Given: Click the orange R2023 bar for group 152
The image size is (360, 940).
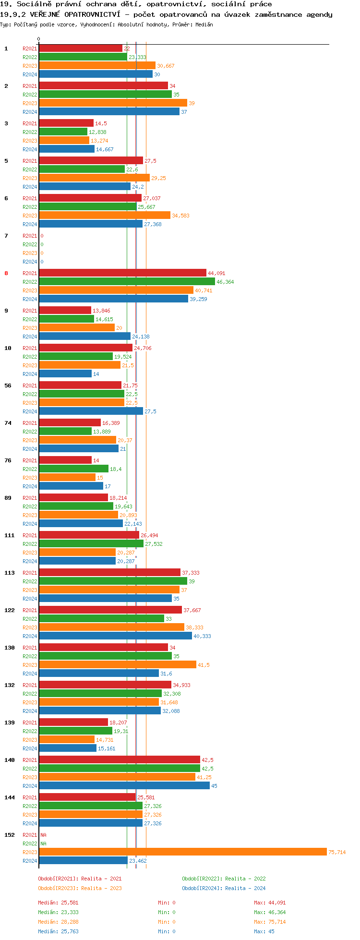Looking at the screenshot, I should (182, 852).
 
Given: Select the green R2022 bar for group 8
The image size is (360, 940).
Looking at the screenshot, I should (127, 282).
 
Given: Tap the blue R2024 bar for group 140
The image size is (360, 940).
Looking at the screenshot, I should (124, 785).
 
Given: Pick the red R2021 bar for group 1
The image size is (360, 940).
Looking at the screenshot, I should (80, 48).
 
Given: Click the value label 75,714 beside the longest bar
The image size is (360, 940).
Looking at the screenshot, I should (336, 852).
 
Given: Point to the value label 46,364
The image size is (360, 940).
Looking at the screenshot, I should (225, 282).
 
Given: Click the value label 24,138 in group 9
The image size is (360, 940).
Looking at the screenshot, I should (141, 337).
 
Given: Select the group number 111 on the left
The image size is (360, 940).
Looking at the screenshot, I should (10, 535).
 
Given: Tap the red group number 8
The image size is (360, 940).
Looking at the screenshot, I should (6, 273).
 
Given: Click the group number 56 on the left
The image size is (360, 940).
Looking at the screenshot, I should (8, 386).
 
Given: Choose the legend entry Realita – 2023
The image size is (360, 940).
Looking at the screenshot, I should (80, 888).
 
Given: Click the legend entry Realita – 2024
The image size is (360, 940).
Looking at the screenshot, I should (224, 888).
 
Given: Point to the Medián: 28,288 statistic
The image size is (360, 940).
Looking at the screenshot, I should (58, 922).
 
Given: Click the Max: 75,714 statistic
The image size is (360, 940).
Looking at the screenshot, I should (270, 922).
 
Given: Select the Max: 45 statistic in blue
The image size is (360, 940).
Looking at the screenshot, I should (264, 931).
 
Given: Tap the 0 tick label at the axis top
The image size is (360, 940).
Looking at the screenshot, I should (39, 39).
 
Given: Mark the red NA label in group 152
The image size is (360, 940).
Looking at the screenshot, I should (44, 835).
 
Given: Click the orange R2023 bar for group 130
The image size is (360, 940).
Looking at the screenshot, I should (117, 664).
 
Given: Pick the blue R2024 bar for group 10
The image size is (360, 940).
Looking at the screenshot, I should (65, 374).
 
